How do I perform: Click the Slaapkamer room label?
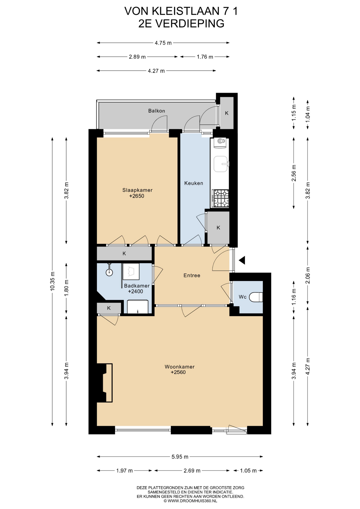(137, 190)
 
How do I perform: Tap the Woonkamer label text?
(179, 367)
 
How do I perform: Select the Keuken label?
(194, 183)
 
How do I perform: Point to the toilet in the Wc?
(257, 297)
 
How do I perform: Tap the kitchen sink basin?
(221, 164)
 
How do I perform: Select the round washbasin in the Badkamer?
(109, 272)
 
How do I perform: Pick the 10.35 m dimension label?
(52, 281)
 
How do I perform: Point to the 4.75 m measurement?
(163, 43)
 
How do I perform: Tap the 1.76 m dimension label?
(205, 57)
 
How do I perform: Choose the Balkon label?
(157, 111)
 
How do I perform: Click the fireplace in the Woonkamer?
(105, 383)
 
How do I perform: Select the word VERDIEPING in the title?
(190, 23)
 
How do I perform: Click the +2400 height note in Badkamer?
(135, 291)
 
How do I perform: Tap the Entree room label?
(192, 275)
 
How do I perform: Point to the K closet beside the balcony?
(227, 113)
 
